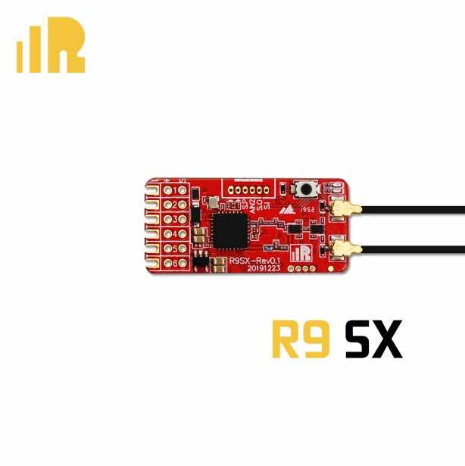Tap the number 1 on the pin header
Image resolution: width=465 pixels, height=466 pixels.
click(183, 189)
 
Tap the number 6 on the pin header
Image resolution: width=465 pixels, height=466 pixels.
click(183, 262)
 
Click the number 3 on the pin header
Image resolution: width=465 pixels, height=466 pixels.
click(183, 219)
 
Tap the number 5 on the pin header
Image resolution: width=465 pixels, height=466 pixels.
click(183, 248)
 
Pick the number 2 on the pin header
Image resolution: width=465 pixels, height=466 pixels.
click(183, 205)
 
